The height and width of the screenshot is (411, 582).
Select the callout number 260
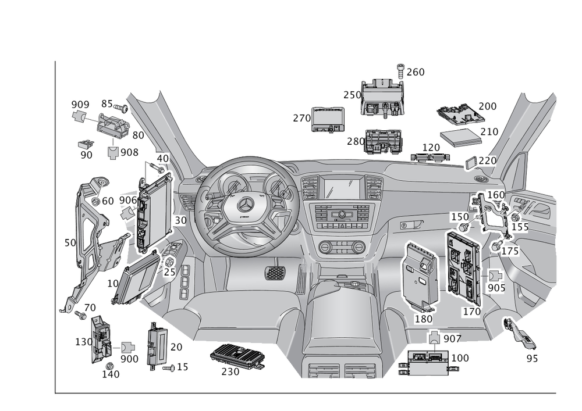[x=416, y=72]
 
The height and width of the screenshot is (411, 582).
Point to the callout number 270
[x=301, y=119]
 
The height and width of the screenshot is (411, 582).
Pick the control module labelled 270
[x=329, y=119]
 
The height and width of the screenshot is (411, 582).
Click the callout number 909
[x=80, y=104]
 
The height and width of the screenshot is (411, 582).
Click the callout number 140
[x=111, y=374]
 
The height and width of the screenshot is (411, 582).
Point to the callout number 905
[x=496, y=288]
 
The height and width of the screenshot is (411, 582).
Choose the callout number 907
[x=452, y=338]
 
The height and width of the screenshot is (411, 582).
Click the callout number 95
[x=531, y=359]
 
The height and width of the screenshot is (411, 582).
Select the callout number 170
[x=471, y=312]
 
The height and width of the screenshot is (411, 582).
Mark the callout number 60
[x=108, y=201]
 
